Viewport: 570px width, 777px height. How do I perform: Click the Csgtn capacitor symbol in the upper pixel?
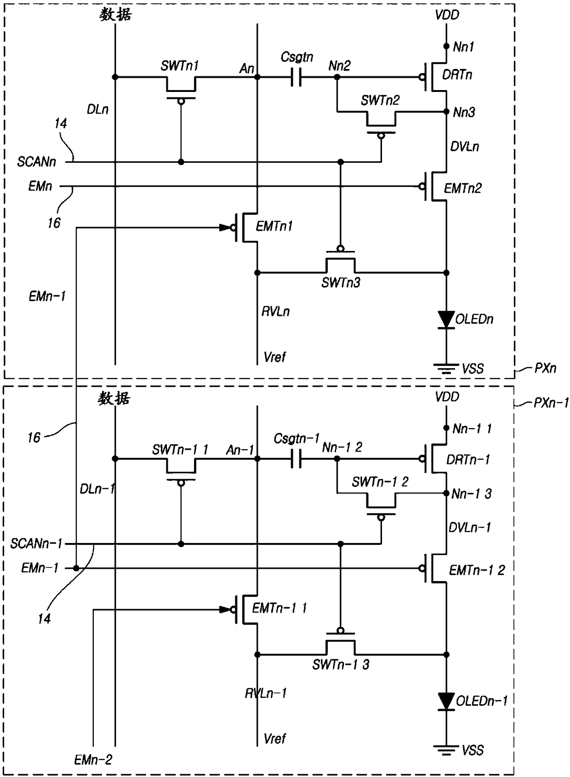[296, 77]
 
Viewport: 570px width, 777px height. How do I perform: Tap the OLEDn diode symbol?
[446, 320]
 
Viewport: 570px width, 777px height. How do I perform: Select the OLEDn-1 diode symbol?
[446, 702]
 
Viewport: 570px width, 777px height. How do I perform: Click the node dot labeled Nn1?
[446, 46]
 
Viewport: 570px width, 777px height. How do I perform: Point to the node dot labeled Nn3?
[446, 112]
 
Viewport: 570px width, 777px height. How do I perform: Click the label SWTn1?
[180, 66]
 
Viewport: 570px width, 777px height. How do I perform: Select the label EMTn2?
[463, 189]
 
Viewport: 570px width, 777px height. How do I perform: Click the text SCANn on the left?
[37, 162]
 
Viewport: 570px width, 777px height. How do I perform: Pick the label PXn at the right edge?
[545, 368]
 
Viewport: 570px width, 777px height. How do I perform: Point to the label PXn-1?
[551, 403]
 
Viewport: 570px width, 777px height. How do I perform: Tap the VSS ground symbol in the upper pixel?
[446, 368]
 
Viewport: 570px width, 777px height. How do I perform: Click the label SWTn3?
[341, 283]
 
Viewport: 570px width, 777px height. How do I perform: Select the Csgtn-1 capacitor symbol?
[296, 458]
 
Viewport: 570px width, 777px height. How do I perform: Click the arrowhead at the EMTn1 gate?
[225, 228]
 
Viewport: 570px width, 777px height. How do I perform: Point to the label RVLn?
[276, 312]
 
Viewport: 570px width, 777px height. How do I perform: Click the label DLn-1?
[97, 489]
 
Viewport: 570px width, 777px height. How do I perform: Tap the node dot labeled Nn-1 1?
[446, 428]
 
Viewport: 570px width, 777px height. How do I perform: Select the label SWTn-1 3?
[341, 665]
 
